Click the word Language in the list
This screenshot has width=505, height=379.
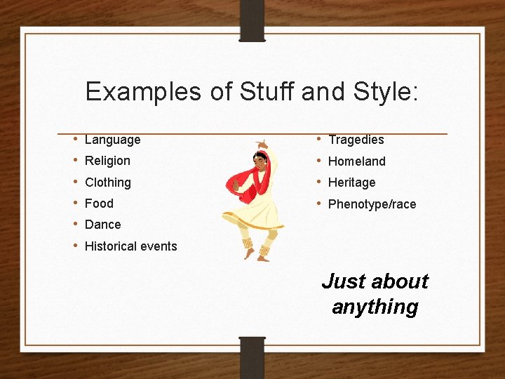pos(112,140)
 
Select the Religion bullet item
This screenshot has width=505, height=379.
pos(107,161)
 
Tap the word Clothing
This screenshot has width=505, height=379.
pos(107,182)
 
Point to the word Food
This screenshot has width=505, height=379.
pos(99,204)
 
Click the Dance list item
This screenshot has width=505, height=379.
pos(102,225)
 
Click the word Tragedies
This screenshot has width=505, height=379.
pos(356,140)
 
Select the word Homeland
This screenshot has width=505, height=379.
pos(356,161)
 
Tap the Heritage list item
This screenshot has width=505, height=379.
pos(351,182)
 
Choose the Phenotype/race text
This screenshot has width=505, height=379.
pos(372,204)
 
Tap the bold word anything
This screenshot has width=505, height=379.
pos(375,307)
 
